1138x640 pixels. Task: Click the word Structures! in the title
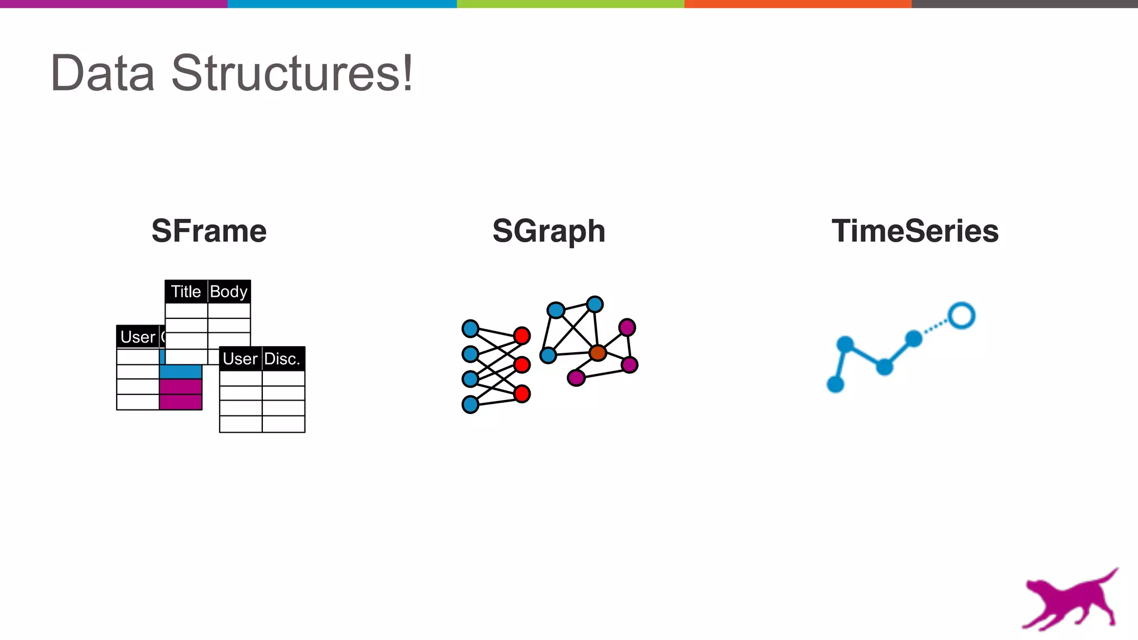click(x=292, y=73)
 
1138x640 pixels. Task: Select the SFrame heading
click(x=209, y=231)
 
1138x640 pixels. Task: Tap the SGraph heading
click(x=548, y=231)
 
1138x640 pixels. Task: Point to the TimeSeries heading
click(x=915, y=231)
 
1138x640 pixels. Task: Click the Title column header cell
click(x=186, y=292)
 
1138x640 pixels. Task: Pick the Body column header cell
click(x=229, y=292)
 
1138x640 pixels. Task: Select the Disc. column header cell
click(x=283, y=359)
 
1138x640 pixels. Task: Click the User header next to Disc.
click(x=240, y=359)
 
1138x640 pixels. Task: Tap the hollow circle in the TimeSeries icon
click(x=961, y=316)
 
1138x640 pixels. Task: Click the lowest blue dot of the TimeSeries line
click(x=835, y=384)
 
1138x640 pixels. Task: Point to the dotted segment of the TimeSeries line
click(x=937, y=327)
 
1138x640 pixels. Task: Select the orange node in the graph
click(x=597, y=352)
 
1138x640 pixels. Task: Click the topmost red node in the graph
click(x=522, y=336)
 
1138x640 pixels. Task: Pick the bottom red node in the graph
click(x=522, y=394)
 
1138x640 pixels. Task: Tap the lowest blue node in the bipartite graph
click(x=470, y=404)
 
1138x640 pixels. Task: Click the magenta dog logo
click(x=1070, y=600)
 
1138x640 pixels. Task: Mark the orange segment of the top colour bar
click(x=797, y=4)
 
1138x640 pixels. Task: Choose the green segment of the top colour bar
click(x=570, y=4)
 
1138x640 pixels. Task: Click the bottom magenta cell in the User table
click(x=181, y=402)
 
